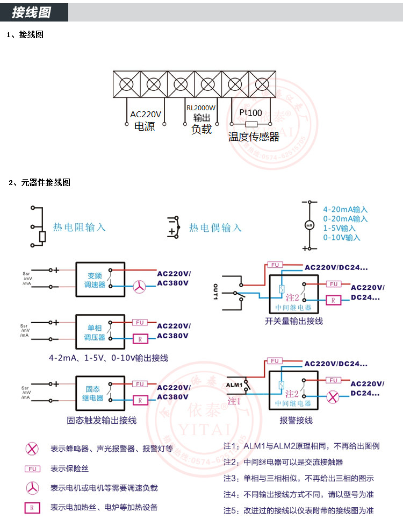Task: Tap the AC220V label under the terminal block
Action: pos(145,114)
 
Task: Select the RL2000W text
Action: pos(201,108)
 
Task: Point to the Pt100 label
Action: pos(250,113)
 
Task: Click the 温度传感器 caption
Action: pos(254,137)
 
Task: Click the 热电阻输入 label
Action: pos(79,227)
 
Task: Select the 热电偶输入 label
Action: pos(215,228)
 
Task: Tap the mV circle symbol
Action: pos(309,225)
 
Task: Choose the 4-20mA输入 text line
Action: pos(345,210)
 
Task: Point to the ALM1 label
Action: pos(234,385)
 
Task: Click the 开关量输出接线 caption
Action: pos(294,321)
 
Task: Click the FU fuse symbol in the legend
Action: pos(33,468)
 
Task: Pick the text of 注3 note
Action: pos(298,478)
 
